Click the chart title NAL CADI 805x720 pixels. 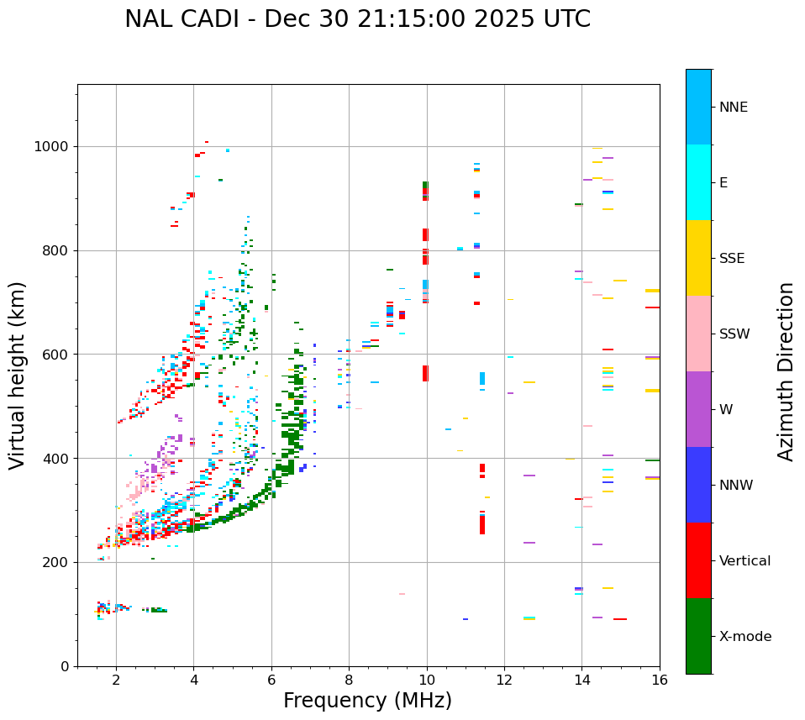(x=357, y=19)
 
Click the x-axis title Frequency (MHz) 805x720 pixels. (x=367, y=701)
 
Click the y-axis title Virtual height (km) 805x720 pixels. (x=18, y=376)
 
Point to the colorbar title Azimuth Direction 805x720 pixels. (x=786, y=371)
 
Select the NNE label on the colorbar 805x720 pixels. (x=733, y=108)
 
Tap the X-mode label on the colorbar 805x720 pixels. (x=744, y=637)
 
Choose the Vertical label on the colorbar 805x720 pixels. (x=744, y=561)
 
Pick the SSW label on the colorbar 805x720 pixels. (x=734, y=334)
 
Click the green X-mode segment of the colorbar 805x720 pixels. (x=698, y=636)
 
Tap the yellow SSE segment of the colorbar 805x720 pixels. (x=698, y=258)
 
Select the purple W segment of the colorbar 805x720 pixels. (x=698, y=409)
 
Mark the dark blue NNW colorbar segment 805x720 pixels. (x=698, y=485)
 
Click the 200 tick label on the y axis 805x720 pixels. (x=58, y=562)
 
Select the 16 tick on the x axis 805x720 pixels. (x=660, y=680)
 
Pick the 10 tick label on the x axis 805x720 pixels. (x=427, y=680)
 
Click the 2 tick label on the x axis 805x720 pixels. (x=116, y=680)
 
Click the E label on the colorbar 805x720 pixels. (x=723, y=183)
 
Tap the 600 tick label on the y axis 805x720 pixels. (x=58, y=355)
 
